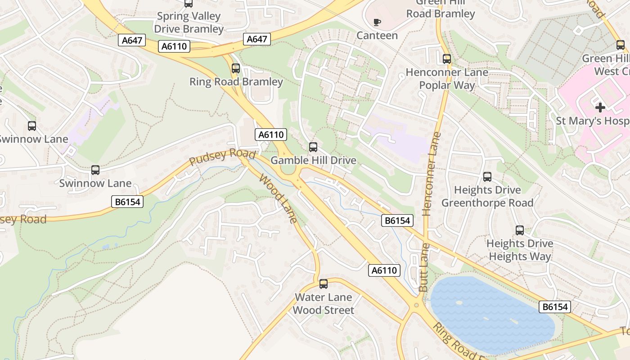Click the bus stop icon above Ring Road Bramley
click(x=236, y=68)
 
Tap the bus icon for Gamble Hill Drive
click(x=313, y=147)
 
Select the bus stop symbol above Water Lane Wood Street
click(x=324, y=284)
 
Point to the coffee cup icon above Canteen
click(x=377, y=22)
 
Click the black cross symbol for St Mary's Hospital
click(x=600, y=107)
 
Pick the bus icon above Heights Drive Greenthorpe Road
click(x=487, y=177)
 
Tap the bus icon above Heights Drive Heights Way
click(x=520, y=230)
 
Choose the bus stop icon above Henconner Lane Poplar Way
click(x=447, y=59)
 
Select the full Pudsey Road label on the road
click(x=222, y=157)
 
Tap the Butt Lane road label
click(x=424, y=267)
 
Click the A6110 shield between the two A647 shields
click(x=174, y=46)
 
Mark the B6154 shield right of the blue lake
click(x=555, y=307)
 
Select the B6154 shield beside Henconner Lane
click(x=397, y=220)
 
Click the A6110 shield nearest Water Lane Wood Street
click(x=384, y=270)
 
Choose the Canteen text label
click(x=377, y=36)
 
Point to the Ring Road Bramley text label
click(x=236, y=82)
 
